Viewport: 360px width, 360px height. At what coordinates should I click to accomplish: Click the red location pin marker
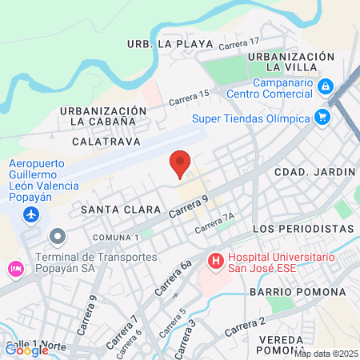[x=180, y=163]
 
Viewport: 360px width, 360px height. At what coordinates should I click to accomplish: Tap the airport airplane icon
[x=31, y=214]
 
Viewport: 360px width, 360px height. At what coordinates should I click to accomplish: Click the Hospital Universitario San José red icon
[x=215, y=260]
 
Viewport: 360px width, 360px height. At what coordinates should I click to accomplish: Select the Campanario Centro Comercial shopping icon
[x=326, y=86]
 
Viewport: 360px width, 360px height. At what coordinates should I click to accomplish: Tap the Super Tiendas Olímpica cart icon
[x=322, y=118]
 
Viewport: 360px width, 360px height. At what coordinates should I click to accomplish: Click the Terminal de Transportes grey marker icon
[x=57, y=237]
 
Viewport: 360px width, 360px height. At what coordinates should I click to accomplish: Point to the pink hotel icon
[x=14, y=268]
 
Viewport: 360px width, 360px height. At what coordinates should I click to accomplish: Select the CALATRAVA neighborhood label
[x=106, y=141]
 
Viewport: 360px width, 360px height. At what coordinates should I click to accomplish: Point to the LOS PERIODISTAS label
[x=302, y=229]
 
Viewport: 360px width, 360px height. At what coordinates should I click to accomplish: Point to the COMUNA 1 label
[x=117, y=238]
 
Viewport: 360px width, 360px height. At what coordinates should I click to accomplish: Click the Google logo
[x=26, y=350]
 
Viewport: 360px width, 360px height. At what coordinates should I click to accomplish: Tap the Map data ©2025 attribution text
[x=326, y=353]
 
